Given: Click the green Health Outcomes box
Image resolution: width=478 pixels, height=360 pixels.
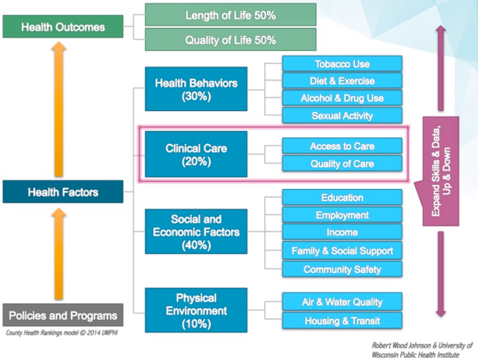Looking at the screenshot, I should pyautogui.click(x=63, y=26).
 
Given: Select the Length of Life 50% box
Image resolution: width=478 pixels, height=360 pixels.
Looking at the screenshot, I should pyautogui.click(x=230, y=15).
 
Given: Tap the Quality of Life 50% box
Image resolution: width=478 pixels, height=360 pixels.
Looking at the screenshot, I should pyautogui.click(x=230, y=40).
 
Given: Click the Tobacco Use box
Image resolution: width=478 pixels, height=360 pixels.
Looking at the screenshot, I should pyautogui.click(x=342, y=64).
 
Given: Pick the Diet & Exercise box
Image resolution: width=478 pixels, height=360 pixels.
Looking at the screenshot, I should pyautogui.click(x=342, y=81).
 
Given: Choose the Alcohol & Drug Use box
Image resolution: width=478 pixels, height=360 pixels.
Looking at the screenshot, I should pyautogui.click(x=342, y=98).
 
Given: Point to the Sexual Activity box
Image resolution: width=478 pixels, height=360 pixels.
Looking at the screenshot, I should pyautogui.click(x=342, y=116).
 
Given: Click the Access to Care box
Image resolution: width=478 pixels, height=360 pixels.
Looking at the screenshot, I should pyautogui.click(x=342, y=146).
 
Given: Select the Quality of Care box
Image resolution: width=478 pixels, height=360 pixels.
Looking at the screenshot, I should pyautogui.click(x=342, y=163).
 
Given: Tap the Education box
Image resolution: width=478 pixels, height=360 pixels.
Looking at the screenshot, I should pyautogui.click(x=342, y=198).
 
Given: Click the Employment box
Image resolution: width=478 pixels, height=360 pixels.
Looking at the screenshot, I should pyautogui.click(x=342, y=215).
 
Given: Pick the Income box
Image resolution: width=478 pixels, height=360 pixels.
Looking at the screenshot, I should pyautogui.click(x=342, y=232).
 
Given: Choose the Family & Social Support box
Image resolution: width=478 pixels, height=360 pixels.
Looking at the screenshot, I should pyautogui.click(x=342, y=251).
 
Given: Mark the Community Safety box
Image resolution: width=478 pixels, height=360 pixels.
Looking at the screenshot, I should pyautogui.click(x=342, y=269).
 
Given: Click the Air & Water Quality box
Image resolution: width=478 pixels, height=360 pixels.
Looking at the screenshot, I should pyautogui.click(x=342, y=302).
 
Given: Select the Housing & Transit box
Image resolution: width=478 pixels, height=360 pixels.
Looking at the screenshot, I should pyautogui.click(x=342, y=320).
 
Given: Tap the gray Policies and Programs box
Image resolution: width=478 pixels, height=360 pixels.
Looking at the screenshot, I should pyautogui.click(x=63, y=315).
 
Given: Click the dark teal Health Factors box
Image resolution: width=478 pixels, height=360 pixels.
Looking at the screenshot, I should pyautogui.click(x=63, y=192).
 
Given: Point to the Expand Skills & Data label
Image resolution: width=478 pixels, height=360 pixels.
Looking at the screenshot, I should pyautogui.click(x=441, y=171).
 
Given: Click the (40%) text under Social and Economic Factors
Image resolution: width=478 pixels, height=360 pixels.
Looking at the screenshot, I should pyautogui.click(x=197, y=246).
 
